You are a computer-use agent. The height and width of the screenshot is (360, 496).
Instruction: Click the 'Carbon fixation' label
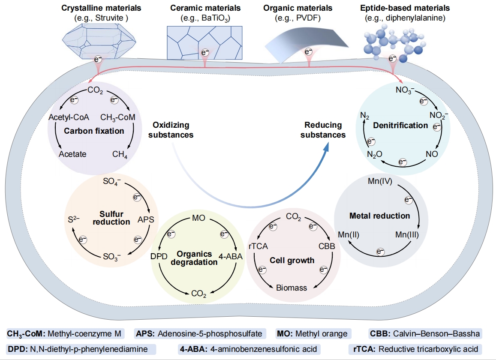tap(94, 131)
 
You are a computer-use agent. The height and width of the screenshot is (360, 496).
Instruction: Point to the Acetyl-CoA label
tap(69, 117)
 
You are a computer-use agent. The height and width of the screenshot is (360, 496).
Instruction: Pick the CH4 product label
tap(120, 154)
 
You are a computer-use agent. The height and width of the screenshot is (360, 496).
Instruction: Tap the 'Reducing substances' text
tap(323, 129)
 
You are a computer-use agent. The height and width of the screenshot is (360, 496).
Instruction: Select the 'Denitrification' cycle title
tap(400, 125)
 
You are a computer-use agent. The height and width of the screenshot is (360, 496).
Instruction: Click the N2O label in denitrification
tap(374, 154)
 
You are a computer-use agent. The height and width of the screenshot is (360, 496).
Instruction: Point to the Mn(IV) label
tap(380, 181)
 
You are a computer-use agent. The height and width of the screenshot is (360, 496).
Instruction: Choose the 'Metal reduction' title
tap(379, 215)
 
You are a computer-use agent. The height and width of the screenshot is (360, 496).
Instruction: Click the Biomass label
tap(292, 288)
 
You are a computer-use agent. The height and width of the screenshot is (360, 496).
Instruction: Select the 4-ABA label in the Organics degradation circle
tap(231, 256)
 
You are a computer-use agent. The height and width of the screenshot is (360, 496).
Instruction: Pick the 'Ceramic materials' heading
tap(205, 8)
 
